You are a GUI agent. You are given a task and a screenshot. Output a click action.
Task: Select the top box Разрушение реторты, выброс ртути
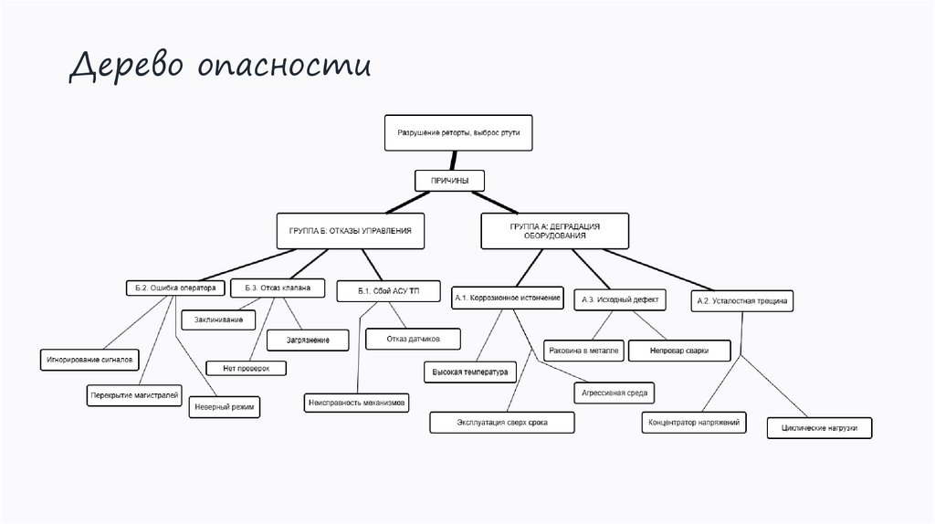[x=457, y=133]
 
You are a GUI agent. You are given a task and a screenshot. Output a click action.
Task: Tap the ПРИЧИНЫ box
[x=449, y=181]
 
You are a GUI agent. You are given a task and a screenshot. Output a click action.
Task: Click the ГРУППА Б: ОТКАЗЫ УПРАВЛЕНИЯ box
[x=351, y=231]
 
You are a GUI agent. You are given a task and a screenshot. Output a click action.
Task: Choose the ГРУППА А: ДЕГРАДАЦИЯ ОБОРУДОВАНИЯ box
[x=554, y=230]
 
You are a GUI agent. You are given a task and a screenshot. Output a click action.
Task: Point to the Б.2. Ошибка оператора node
[x=173, y=288]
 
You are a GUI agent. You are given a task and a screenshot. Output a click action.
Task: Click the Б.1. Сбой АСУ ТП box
[x=388, y=291]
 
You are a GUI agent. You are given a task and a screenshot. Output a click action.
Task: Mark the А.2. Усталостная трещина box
[x=743, y=299]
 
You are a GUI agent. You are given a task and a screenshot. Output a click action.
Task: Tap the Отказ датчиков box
[x=413, y=339]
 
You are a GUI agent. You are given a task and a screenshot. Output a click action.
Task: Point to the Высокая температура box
[x=470, y=372]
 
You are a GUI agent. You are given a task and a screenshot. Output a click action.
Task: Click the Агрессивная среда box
[x=613, y=393]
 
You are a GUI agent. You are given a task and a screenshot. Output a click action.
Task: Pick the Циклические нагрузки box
[x=819, y=427]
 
